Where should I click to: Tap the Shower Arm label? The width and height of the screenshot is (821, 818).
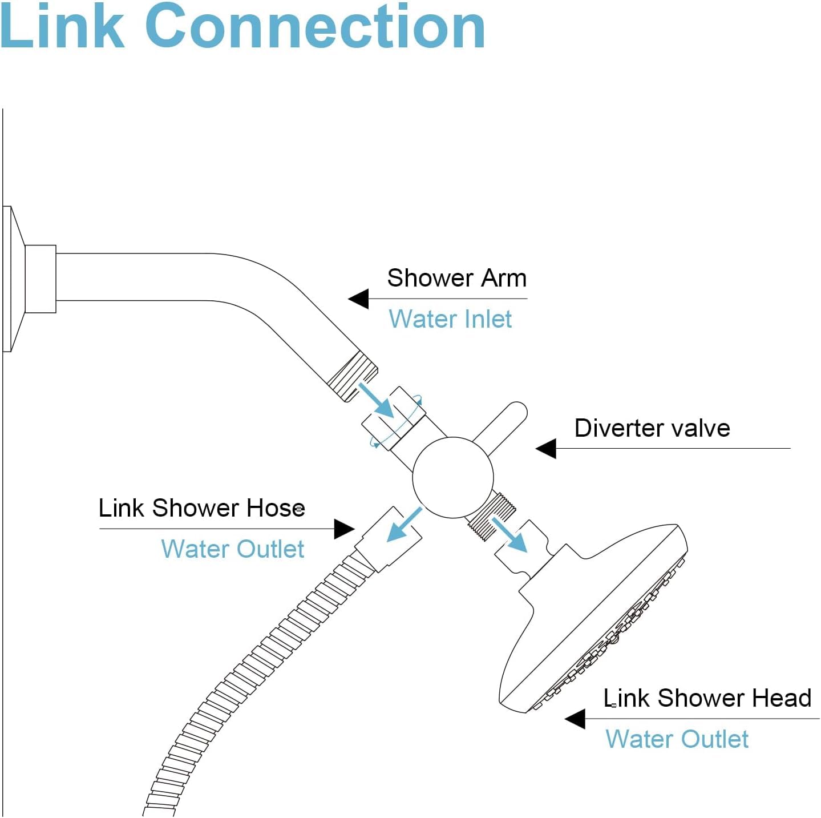coord(456,278)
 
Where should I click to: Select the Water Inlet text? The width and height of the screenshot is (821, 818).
coord(450,319)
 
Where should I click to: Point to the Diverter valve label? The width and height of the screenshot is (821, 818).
coord(652,428)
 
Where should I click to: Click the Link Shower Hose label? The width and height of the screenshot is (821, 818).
coord(201,508)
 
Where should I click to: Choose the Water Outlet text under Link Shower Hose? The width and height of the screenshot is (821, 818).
coord(232,549)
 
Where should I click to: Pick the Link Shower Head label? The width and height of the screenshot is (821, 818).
coord(707,698)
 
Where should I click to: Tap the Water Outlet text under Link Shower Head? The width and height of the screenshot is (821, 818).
coord(677,739)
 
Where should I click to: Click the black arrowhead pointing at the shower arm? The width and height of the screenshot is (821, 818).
coord(359,299)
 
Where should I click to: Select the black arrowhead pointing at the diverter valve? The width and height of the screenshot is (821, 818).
coord(546,448)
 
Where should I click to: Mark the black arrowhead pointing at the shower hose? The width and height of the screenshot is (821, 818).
coord(344,529)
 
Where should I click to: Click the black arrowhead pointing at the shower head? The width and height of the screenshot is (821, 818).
coord(575,719)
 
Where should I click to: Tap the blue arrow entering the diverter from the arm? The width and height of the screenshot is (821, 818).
coord(378,401)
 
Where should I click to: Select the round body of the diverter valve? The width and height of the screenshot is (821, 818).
coord(452,478)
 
